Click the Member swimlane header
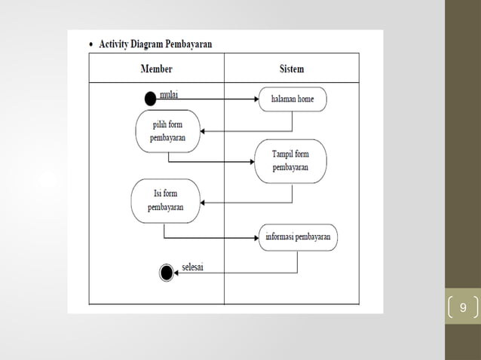[x=157, y=69]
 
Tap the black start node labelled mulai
[x=152, y=99]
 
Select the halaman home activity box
[x=293, y=99]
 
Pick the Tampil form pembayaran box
[x=290, y=160]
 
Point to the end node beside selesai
[x=167, y=273]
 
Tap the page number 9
[x=463, y=307]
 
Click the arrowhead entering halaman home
[x=257, y=99]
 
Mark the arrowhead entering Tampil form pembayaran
[x=251, y=161]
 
